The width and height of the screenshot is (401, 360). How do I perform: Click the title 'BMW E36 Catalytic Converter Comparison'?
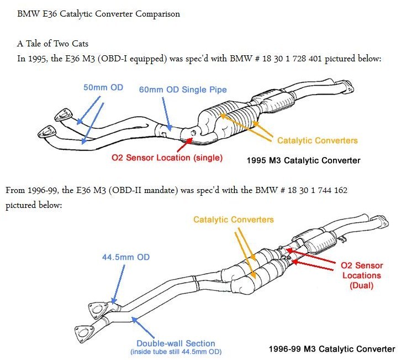tap(99, 14)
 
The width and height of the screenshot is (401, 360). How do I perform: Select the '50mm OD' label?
tap(104, 87)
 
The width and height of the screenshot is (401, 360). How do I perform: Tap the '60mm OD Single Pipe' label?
tap(183, 89)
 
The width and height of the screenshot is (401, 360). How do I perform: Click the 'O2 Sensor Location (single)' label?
tap(167, 158)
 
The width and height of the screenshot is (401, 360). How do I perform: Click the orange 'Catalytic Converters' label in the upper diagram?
tap(317, 140)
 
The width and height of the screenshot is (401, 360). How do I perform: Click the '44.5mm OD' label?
tap(125, 257)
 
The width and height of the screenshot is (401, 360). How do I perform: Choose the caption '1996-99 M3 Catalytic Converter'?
tap(331, 349)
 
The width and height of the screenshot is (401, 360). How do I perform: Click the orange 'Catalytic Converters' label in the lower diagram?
tap(234, 220)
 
